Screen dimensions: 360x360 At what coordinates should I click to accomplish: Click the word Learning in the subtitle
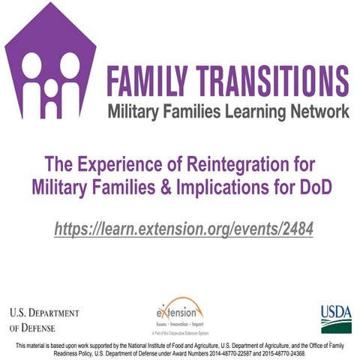[x=255, y=112]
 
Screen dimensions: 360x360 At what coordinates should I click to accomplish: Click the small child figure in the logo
[x=51, y=88]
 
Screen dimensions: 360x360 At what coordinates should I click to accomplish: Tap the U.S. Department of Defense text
[x=44, y=319]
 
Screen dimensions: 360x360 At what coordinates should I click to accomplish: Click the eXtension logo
[x=180, y=313]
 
